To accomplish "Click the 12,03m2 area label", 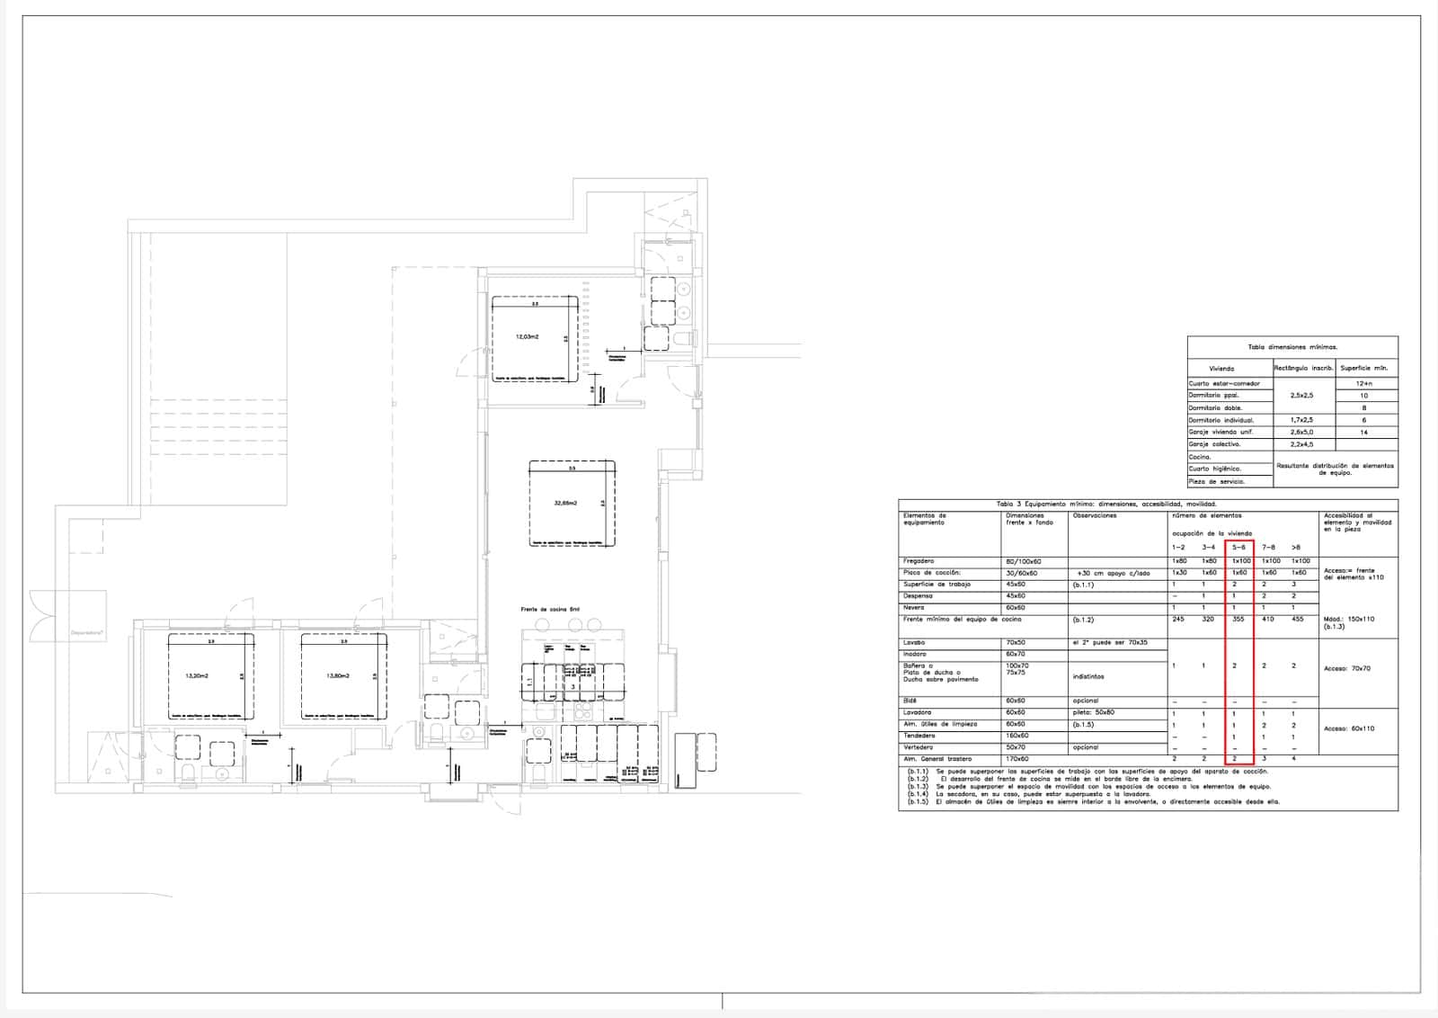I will (x=527, y=337).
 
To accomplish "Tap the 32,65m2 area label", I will (x=565, y=504).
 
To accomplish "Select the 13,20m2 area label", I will (x=196, y=676).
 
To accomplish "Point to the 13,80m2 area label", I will (x=338, y=676).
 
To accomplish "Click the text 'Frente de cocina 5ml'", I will (x=550, y=610).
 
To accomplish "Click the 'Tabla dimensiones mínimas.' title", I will (x=1292, y=346).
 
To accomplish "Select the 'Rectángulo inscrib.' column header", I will (x=1302, y=368).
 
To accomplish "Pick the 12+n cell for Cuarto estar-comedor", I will (x=1363, y=384).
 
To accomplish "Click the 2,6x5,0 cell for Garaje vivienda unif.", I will (x=1302, y=433).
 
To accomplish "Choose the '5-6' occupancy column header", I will (x=1238, y=547).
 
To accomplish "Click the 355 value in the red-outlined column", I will (x=1238, y=620).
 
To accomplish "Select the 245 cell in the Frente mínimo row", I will (x=1178, y=620).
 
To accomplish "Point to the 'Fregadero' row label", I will (x=918, y=561).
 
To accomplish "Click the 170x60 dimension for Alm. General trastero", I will (x=1017, y=759).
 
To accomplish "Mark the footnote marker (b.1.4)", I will (x=917, y=794).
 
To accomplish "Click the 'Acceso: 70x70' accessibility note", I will (x=1346, y=669).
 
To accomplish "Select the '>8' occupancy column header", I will (x=1295, y=547).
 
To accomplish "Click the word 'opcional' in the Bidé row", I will (x=1086, y=701).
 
